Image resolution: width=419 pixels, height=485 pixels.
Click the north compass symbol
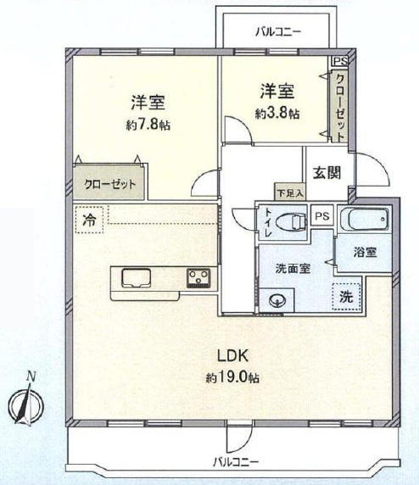[x=26, y=402]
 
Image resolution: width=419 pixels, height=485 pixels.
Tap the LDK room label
[x=232, y=356]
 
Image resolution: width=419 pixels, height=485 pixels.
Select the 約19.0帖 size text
[x=232, y=377]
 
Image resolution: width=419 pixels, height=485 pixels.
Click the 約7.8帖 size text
[x=148, y=125]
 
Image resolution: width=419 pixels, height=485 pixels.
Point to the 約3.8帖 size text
[x=277, y=114]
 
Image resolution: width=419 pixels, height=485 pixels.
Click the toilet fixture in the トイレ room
[x=291, y=221]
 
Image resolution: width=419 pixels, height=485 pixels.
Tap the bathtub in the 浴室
[x=364, y=220]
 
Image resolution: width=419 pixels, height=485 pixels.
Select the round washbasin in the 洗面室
[x=277, y=300]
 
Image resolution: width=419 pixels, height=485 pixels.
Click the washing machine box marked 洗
[x=346, y=297]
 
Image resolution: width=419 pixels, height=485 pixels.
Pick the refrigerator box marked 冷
[x=89, y=220]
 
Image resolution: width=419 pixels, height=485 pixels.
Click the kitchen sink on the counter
[x=137, y=278]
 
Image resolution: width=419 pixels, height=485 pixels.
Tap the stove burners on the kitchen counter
[x=198, y=278]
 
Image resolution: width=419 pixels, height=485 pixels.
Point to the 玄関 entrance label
[x=327, y=173]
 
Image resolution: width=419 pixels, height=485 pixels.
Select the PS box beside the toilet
[x=322, y=216]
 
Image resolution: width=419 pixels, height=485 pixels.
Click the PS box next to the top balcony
[x=340, y=61]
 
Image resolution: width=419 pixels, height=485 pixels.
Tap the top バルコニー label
[x=278, y=31]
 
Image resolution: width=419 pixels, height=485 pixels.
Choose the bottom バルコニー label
[x=236, y=462]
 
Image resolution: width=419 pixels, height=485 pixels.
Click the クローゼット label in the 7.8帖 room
[x=110, y=184]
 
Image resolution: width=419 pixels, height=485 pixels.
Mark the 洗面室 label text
[x=293, y=269]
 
